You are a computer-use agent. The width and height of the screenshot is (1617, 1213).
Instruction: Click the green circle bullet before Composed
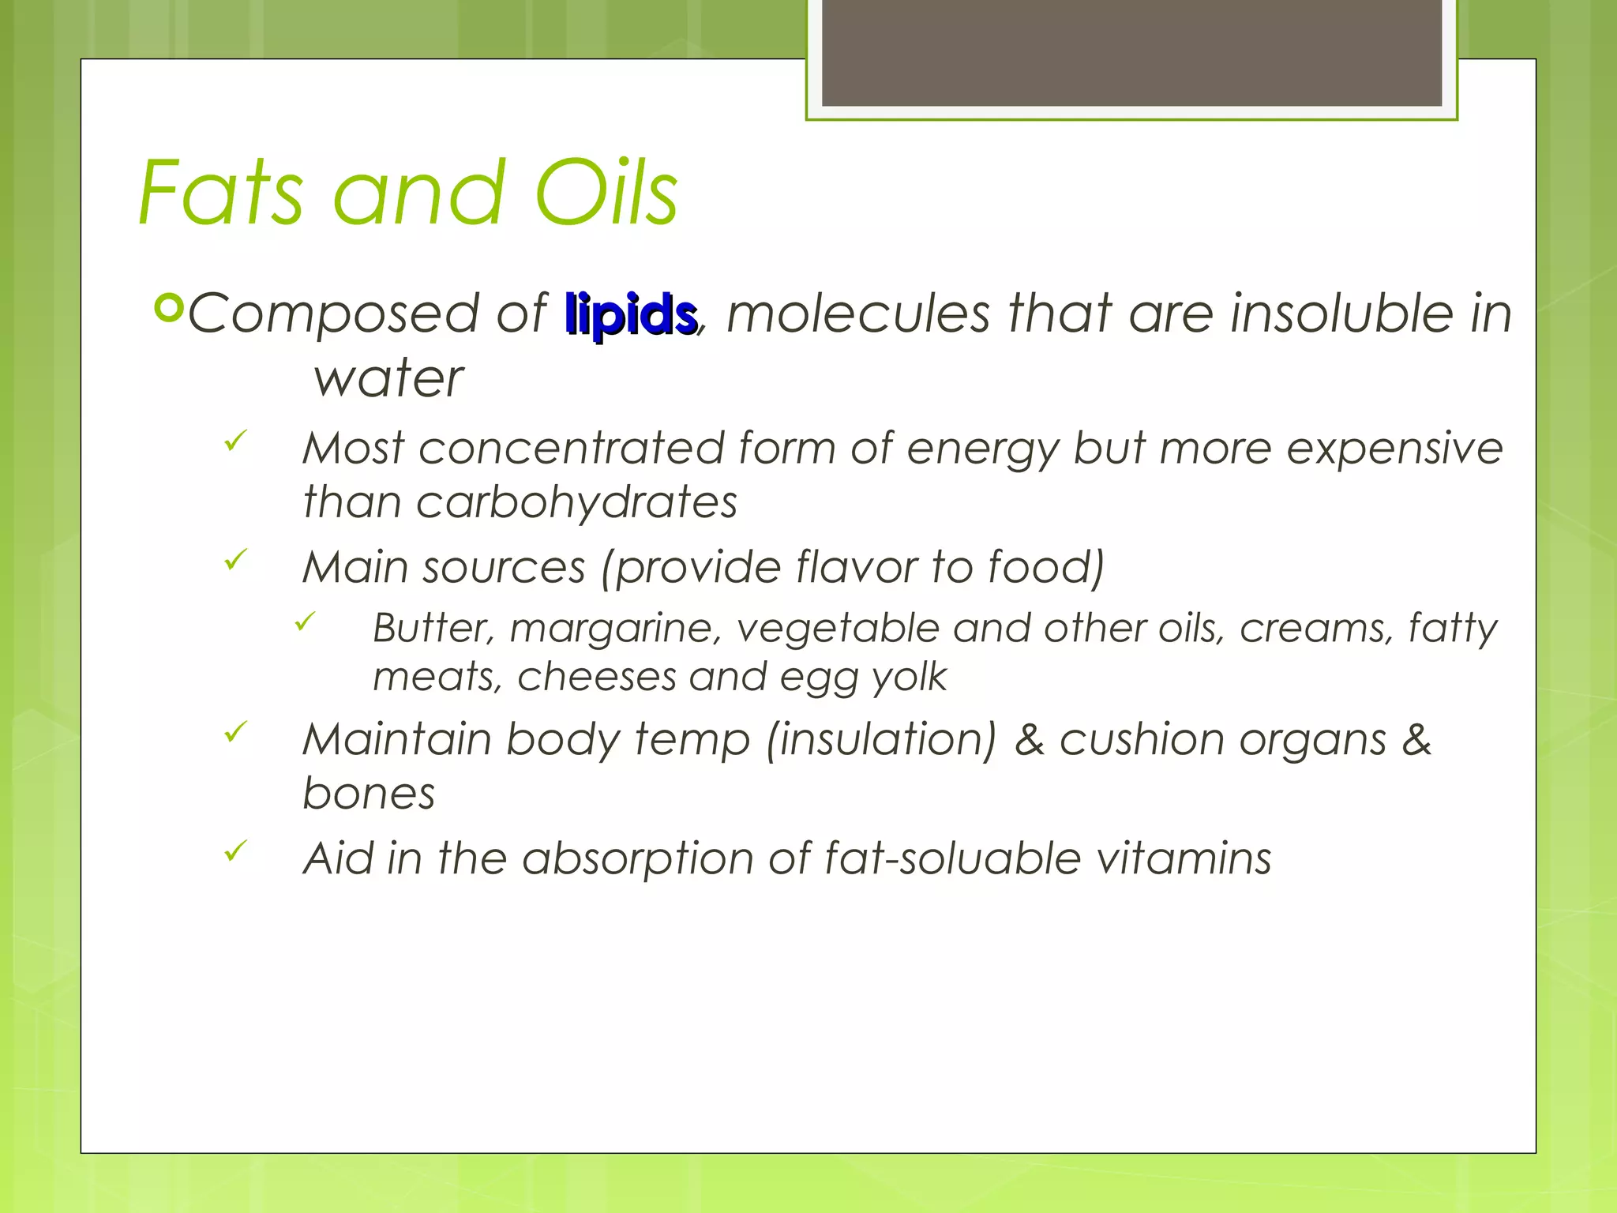point(168,307)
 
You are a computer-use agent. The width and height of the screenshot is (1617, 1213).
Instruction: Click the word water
point(388,378)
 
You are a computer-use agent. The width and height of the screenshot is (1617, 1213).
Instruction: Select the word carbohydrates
point(576,502)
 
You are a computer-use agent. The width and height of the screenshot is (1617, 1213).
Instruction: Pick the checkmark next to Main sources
point(235,560)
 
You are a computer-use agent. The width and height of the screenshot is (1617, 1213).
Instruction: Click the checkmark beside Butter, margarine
point(305,622)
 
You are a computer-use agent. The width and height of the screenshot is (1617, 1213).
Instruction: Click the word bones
point(369,793)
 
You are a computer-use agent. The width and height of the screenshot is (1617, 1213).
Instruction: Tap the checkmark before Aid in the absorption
point(235,851)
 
